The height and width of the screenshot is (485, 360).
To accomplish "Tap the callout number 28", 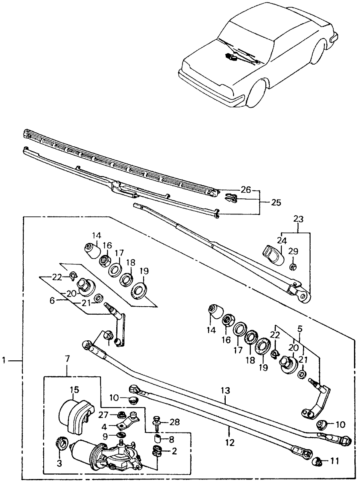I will (x=175, y=422).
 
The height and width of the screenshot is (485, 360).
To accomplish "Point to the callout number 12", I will (x=229, y=443).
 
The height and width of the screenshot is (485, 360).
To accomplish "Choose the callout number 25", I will (x=276, y=202).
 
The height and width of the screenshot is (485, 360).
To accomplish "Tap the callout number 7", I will (x=67, y=359).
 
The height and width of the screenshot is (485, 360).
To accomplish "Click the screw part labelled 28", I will (x=157, y=420).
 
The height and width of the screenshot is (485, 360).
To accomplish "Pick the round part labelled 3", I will (x=63, y=444).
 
